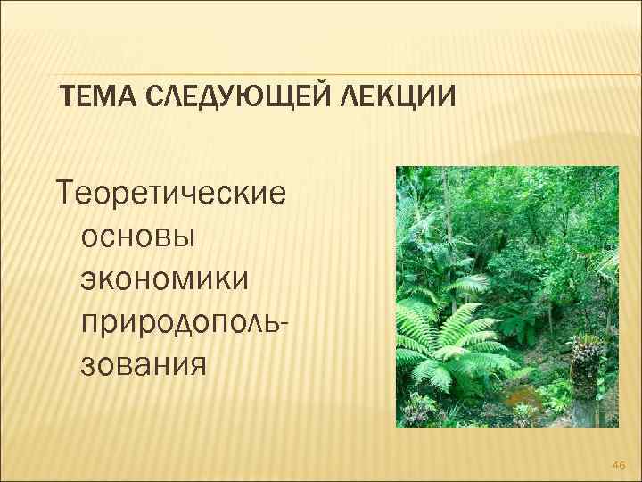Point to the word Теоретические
click(x=171, y=194)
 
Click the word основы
click(x=141, y=237)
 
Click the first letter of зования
click(x=88, y=365)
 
